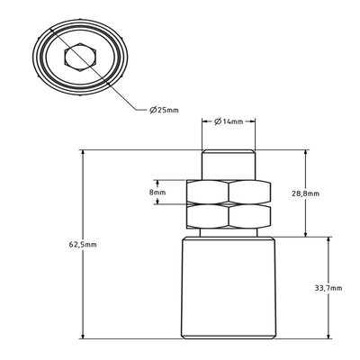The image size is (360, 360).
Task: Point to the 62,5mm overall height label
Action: [83, 245]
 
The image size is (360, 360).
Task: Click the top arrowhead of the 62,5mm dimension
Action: [83, 153]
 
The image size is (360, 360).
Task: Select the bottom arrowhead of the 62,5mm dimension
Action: [83, 338]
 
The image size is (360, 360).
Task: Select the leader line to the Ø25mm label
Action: [126, 94]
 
